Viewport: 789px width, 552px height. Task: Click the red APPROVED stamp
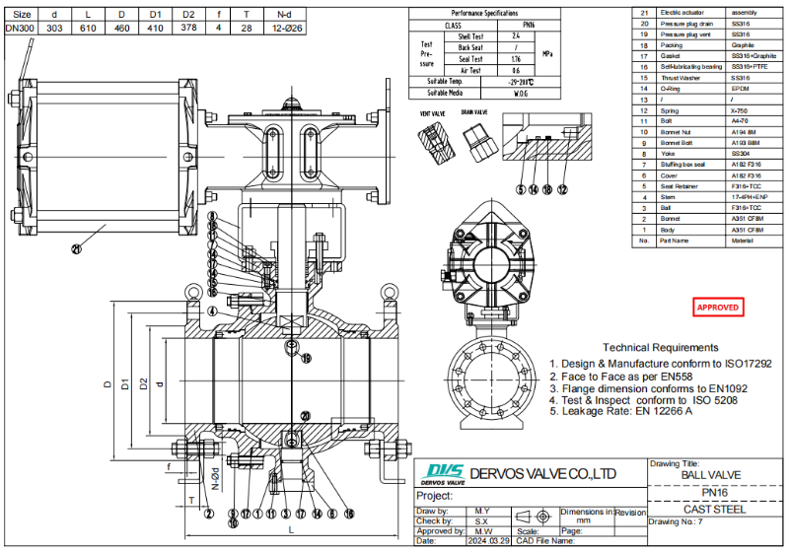(718, 308)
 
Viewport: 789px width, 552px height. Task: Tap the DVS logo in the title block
(440, 474)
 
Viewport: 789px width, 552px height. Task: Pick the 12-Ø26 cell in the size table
(284, 29)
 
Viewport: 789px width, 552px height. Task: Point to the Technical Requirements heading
(660, 347)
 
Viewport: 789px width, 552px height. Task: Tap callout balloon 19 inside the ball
(306, 358)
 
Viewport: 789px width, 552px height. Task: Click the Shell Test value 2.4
(517, 35)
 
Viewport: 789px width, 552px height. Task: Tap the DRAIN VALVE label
(475, 113)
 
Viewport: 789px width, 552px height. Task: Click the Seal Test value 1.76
(517, 58)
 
